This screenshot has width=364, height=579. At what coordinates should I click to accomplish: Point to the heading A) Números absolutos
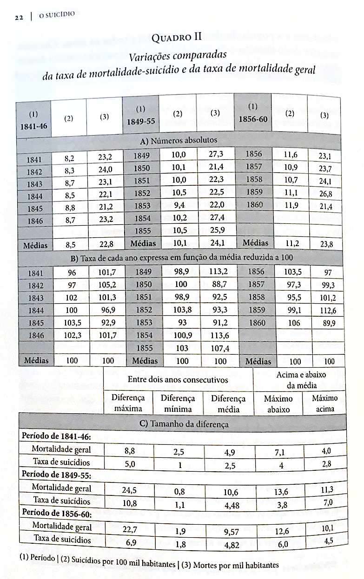coord(179,140)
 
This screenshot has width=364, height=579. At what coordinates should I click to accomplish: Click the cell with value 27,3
coord(215,154)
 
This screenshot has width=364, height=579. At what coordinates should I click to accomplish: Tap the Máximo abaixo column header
coord(278,403)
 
